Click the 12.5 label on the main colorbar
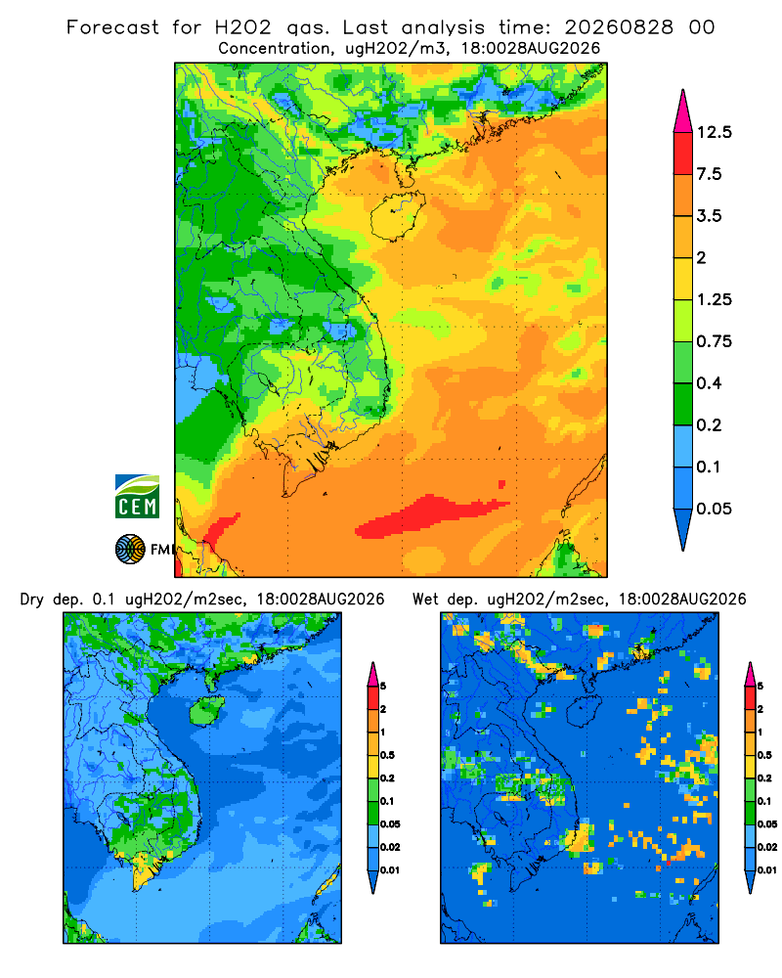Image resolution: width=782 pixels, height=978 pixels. click(714, 132)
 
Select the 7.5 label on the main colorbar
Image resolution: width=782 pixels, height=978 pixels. click(709, 174)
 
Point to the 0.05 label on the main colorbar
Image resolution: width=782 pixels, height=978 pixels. click(714, 509)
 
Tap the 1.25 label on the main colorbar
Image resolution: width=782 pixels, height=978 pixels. click(714, 299)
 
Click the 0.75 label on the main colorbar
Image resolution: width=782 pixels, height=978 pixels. click(714, 341)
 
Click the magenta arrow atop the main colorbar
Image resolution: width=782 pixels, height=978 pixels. click(683, 111)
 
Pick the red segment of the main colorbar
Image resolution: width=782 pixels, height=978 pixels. click(683, 154)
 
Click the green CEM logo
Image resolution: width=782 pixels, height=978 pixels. click(137, 497)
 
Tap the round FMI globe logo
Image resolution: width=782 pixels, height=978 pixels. click(130, 550)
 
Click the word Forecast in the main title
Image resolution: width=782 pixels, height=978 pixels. click(112, 27)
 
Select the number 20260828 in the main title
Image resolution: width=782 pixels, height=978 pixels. click(619, 27)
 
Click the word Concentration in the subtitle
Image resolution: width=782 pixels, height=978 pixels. click(273, 49)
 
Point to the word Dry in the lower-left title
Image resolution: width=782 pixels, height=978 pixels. click(32, 600)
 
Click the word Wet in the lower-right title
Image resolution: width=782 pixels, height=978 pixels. click(426, 600)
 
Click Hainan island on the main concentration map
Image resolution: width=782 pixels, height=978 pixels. click(397, 216)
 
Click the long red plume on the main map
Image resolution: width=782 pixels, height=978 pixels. click(430, 515)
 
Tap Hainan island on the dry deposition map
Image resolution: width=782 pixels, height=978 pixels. click(207, 710)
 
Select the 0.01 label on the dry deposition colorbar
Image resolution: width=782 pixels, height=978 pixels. click(390, 870)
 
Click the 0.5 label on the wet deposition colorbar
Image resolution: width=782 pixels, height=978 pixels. click(763, 755)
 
